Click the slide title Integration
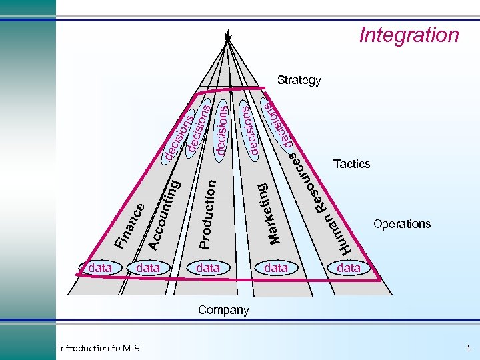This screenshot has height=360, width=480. click(x=409, y=35)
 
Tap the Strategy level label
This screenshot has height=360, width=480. click(x=299, y=81)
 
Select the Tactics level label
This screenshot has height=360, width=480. click(x=351, y=164)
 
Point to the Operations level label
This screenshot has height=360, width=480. click(x=402, y=224)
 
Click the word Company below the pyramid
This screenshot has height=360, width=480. click(x=223, y=310)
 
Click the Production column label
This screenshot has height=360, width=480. click(x=207, y=213)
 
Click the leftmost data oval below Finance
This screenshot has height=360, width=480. click(x=100, y=268)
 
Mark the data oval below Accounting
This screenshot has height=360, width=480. click(x=148, y=268)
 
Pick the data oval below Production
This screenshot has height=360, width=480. click(x=208, y=268)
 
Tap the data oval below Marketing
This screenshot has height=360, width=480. click(x=276, y=268)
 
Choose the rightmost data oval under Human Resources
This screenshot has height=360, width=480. click(x=349, y=268)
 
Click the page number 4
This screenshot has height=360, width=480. click(x=468, y=348)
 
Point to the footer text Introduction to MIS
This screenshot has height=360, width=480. click(x=98, y=348)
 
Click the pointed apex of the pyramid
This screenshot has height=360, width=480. click(x=227, y=36)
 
